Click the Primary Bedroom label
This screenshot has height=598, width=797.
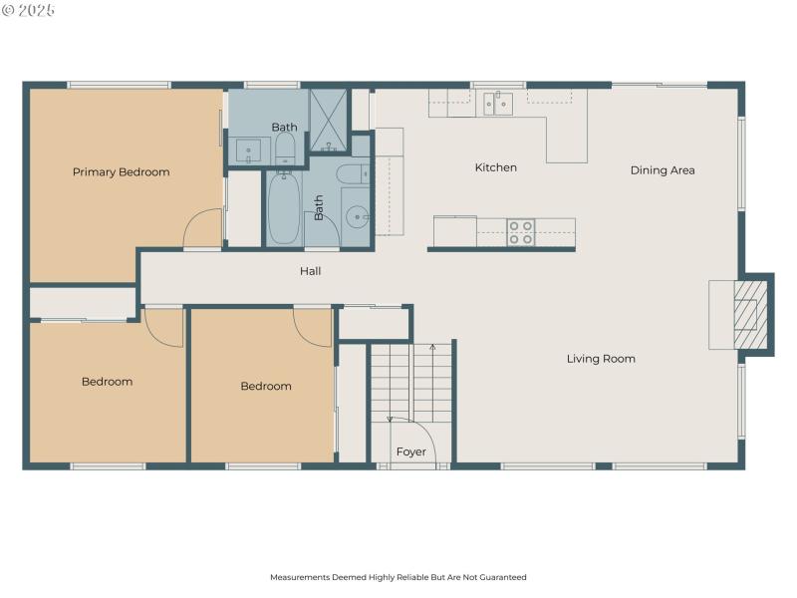tap(121, 172)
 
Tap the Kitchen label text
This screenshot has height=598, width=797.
tap(495, 167)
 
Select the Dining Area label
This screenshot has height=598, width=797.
tap(663, 170)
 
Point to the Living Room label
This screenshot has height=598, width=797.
tap(601, 359)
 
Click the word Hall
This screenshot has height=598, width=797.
tap(311, 271)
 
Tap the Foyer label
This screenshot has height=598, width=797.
tap(410, 451)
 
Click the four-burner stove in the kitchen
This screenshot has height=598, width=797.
tap(520, 232)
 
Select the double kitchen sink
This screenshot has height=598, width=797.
tap(498, 103)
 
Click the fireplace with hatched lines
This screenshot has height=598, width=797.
tap(751, 314)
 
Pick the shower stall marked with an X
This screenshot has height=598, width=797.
tap(328, 120)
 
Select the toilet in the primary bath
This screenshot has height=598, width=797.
tap(285, 149)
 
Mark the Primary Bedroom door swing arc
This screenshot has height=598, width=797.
tap(204, 228)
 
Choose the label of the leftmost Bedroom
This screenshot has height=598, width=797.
tap(107, 382)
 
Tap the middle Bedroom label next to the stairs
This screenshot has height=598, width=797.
tap(266, 387)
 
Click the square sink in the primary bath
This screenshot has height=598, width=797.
tap(249, 149)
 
